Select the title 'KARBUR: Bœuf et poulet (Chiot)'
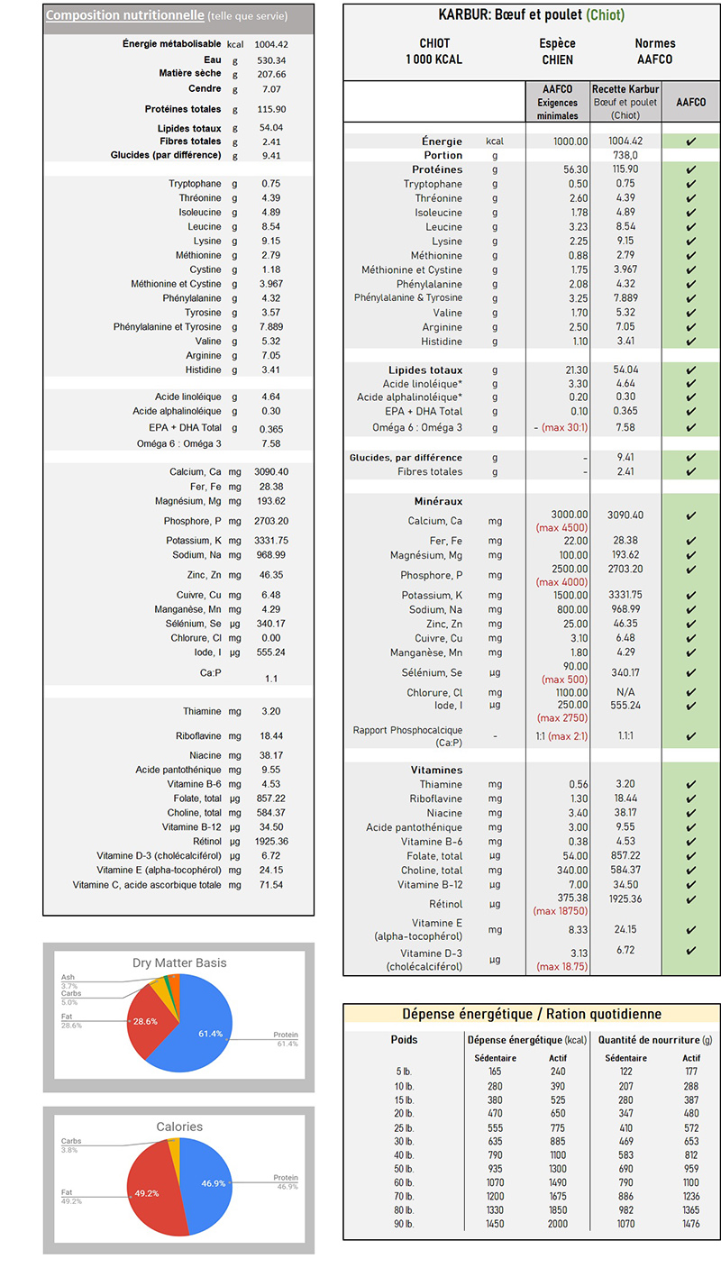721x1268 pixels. click(531, 15)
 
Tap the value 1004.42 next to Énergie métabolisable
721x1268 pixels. click(270, 44)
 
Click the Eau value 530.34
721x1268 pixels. click(270, 60)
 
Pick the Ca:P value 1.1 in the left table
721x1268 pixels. click(271, 679)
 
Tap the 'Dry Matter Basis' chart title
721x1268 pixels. click(178, 962)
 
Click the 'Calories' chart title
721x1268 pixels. click(178, 1127)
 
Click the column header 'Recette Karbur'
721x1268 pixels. click(625, 89)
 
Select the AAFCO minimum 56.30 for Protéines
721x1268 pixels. click(570, 169)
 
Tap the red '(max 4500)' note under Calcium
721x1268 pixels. click(561, 527)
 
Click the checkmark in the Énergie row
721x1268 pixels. click(690, 141)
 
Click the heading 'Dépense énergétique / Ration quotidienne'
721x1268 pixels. click(531, 1014)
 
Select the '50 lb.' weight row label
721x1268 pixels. click(404, 1168)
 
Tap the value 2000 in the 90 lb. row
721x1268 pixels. click(558, 1224)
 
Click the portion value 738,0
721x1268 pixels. click(625, 155)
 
